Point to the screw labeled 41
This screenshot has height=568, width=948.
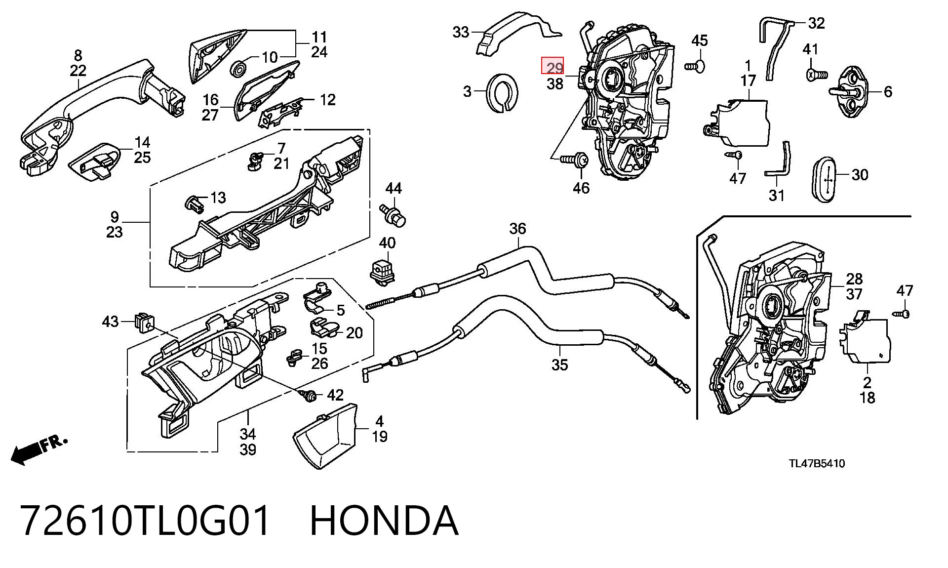tap(816, 75)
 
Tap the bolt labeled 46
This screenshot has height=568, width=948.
tap(574, 159)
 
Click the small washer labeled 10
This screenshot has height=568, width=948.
tap(238, 68)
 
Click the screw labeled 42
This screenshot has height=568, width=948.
tap(309, 395)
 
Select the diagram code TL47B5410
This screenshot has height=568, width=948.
tap(817, 464)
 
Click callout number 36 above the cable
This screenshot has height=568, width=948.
tap(517, 229)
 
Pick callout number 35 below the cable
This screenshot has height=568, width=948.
tap(559, 365)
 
